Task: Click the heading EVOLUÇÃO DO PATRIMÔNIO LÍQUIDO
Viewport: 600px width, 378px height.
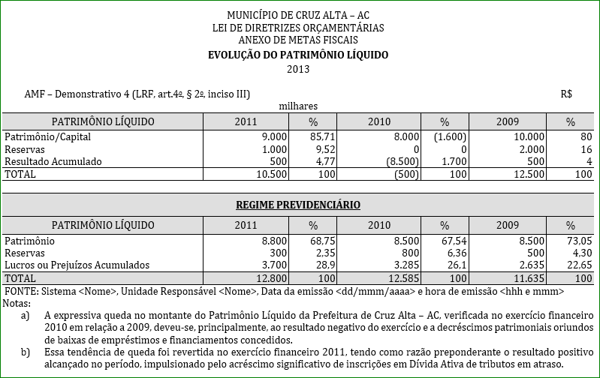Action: pyautogui.click(x=298, y=55)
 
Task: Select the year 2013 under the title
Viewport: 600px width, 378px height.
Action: pyautogui.click(x=298, y=69)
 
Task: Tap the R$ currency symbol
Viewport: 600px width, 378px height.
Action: pyautogui.click(x=566, y=94)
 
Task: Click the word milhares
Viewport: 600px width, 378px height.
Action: pyautogui.click(x=298, y=106)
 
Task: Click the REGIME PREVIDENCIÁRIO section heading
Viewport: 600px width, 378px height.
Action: pyautogui.click(x=298, y=205)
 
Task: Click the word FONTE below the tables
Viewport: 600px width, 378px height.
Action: pyautogui.click(x=20, y=290)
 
